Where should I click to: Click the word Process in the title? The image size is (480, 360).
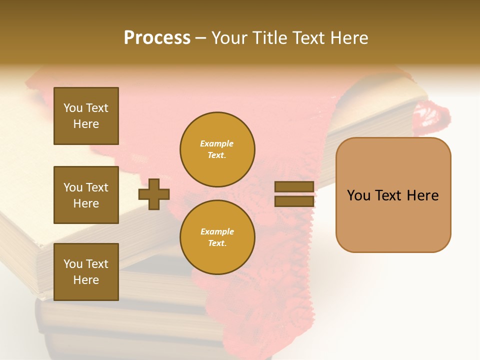(157, 38)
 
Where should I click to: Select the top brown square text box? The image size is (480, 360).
(86, 116)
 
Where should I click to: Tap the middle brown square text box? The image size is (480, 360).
(86, 195)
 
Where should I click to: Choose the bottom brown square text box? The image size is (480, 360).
(86, 271)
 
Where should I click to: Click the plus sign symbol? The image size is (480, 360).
(154, 194)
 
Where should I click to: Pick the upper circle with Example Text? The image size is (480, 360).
(217, 149)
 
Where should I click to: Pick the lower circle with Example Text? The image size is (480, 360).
(217, 237)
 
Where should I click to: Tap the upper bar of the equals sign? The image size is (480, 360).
(294, 187)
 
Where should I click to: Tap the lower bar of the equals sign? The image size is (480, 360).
(294, 201)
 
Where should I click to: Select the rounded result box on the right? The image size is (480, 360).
(393, 195)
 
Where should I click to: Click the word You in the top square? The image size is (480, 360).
(73, 108)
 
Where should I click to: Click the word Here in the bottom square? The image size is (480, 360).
(86, 280)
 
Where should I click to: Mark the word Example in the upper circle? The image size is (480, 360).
(217, 143)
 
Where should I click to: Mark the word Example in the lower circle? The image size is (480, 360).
(217, 231)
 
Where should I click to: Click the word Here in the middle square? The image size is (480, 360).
(86, 203)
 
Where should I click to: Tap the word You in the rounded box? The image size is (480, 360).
(359, 195)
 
